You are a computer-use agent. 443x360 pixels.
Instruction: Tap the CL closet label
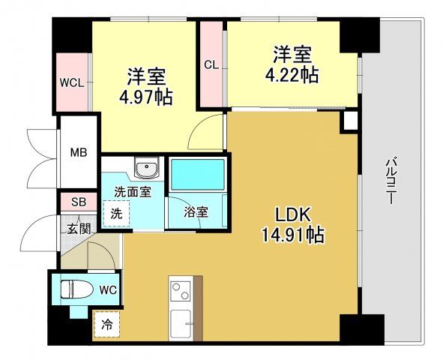(x=211, y=65)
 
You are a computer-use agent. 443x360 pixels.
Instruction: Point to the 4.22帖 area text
(x=292, y=75)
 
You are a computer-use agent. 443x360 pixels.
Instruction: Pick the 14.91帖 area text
(x=292, y=235)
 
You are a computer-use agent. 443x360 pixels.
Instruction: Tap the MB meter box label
(x=79, y=153)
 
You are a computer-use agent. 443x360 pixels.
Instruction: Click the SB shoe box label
(x=78, y=200)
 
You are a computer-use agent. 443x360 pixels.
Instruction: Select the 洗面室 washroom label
(x=132, y=191)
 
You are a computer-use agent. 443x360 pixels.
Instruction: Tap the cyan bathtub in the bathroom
(x=197, y=175)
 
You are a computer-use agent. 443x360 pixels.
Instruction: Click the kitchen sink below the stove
(x=181, y=323)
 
